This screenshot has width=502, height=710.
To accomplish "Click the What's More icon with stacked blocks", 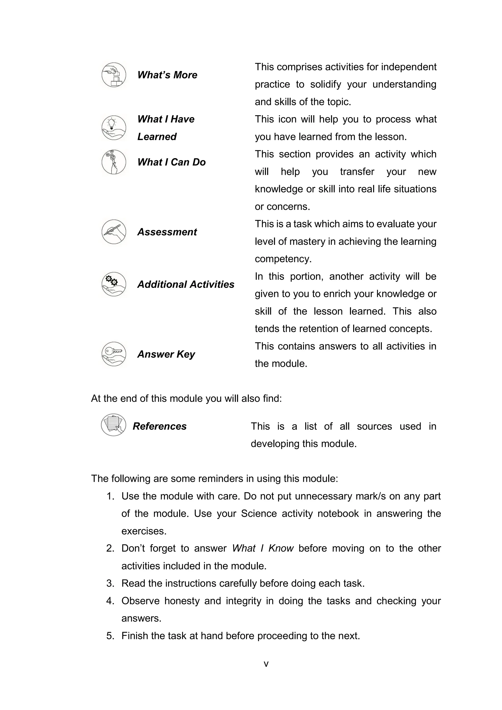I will click(114, 75).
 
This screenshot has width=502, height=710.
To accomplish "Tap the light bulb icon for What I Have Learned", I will click(114, 127).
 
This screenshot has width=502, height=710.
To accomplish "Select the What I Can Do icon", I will click(114, 162).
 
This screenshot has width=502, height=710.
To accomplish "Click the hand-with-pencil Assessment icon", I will click(114, 232).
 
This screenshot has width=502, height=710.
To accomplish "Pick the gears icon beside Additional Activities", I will click(114, 284).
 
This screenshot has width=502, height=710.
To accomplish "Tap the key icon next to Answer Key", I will click(114, 354).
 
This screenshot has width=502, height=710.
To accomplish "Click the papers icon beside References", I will click(113, 425).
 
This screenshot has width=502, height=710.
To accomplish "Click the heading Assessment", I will click(167, 232).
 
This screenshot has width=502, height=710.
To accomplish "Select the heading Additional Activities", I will click(186, 284).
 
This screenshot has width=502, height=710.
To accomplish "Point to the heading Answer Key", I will click(166, 354).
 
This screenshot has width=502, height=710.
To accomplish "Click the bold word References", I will click(160, 426).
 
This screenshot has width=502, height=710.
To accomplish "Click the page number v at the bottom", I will click(266, 664).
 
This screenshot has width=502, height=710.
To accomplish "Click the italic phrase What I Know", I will click(263, 548).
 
